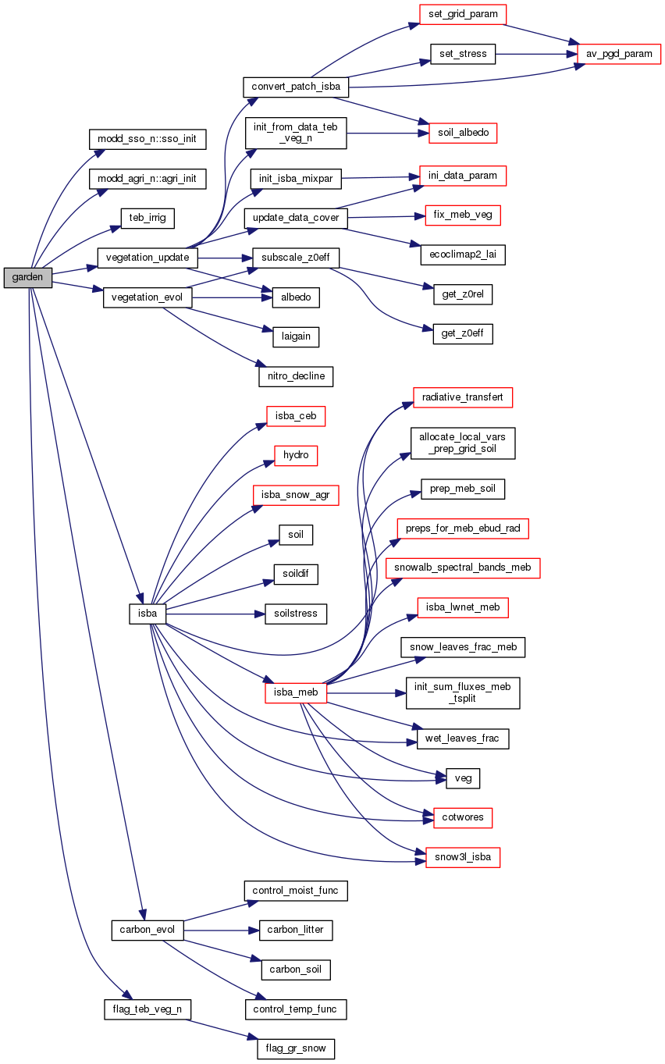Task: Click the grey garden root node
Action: [x=27, y=277]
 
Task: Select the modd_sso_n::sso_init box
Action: [x=148, y=140]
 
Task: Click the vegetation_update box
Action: [x=148, y=257]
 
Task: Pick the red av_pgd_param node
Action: [x=619, y=54]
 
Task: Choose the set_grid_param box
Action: [x=463, y=14]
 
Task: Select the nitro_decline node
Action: [x=296, y=376]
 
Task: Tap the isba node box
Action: [x=148, y=613]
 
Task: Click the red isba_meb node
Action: [x=296, y=692]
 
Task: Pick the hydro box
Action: [x=296, y=455]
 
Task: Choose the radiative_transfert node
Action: [x=463, y=397]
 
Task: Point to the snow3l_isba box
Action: [x=463, y=857]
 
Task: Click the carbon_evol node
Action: [x=148, y=930]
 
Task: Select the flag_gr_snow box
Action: [x=296, y=1048]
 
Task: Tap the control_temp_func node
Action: [x=296, y=1009]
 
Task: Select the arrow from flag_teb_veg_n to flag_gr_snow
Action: [x=222, y=1027]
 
